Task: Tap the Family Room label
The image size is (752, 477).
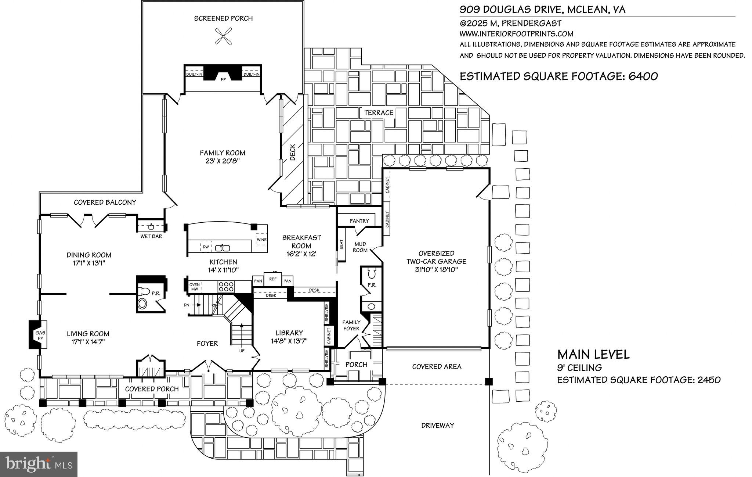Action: [x=222, y=153]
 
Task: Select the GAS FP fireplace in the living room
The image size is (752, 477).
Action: [x=38, y=334]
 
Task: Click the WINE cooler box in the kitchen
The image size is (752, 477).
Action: [x=261, y=240]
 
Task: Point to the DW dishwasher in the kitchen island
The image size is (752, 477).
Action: [x=206, y=247]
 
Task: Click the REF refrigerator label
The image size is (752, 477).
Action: [x=272, y=279]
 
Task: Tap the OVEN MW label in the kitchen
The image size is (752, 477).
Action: [x=194, y=287]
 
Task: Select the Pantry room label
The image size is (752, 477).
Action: [x=359, y=221]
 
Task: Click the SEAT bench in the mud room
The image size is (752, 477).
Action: [x=341, y=245]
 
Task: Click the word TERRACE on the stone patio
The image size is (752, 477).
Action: [x=379, y=113]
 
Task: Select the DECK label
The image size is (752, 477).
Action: [x=293, y=153]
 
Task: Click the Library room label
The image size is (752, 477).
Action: [x=289, y=333]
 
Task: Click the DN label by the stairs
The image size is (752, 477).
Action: [x=187, y=305]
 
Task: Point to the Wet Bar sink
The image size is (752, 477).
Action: [x=151, y=226]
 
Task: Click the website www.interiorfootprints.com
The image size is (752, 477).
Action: [x=516, y=34]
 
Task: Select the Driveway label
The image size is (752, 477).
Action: [x=437, y=426]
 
